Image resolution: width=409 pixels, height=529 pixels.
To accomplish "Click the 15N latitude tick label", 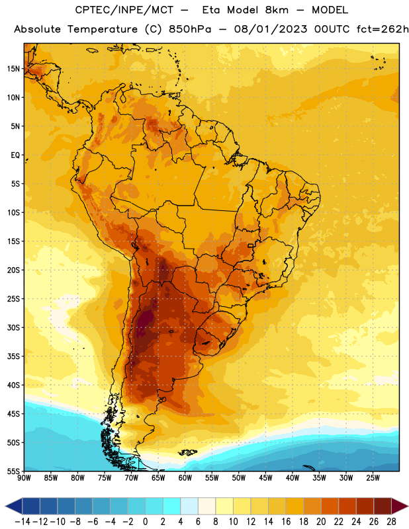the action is [x=13, y=69].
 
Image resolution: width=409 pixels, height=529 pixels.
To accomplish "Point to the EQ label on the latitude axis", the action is [x=15, y=155].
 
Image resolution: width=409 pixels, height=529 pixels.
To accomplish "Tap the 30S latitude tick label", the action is [x=13, y=327].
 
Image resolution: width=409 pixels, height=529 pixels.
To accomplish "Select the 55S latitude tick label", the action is [x=13, y=471].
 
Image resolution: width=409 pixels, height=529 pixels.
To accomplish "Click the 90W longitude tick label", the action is [x=24, y=478].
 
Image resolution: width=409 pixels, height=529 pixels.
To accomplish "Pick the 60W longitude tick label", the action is [x=185, y=478].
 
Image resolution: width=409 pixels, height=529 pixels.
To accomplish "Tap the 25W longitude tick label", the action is [x=373, y=478].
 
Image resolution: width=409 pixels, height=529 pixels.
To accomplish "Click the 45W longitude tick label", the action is [x=265, y=478].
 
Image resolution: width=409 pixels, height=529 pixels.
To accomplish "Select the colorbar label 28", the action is [x=391, y=522].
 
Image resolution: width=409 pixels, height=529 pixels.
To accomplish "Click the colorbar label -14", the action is [x=23, y=522].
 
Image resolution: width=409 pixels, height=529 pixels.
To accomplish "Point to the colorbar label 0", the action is [x=146, y=522].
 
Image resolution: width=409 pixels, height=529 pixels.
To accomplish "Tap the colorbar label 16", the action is [x=286, y=522].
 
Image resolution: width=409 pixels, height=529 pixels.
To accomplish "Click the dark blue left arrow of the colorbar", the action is [x=14, y=506].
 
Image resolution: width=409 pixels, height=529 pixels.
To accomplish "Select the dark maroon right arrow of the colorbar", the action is [x=400, y=506].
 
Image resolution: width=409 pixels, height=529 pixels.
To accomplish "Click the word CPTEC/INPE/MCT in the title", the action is [x=124, y=10].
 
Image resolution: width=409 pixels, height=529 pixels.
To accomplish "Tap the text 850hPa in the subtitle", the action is [x=190, y=29].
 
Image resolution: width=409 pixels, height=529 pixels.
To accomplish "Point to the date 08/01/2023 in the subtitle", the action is [x=271, y=29].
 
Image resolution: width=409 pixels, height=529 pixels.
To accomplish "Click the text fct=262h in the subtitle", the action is [x=383, y=29].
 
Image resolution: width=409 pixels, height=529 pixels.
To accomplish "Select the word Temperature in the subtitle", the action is [x=103, y=29].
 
